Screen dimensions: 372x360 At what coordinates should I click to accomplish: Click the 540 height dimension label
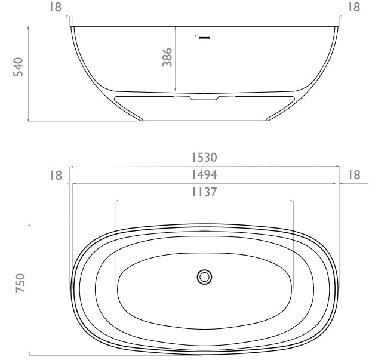click(x=19, y=67)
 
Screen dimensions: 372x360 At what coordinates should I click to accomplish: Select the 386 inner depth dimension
click(x=167, y=57)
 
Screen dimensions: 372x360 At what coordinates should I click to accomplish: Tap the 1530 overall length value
click(x=204, y=158)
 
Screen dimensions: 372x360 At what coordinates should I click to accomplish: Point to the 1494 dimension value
click(x=204, y=175)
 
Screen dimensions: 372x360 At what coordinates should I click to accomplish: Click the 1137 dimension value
click(x=204, y=192)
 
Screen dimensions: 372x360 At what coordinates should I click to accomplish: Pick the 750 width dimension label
click(x=20, y=283)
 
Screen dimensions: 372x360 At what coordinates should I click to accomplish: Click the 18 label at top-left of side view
click(x=56, y=7)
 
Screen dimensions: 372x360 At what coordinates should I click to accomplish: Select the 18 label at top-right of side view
click(x=353, y=7)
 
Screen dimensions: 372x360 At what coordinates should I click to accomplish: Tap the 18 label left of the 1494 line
click(x=56, y=176)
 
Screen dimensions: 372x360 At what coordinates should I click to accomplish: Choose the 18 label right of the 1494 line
click(x=354, y=175)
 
